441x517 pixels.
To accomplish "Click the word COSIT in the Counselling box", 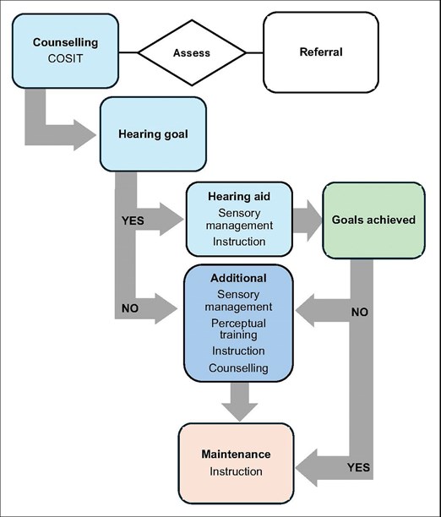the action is [x=65, y=58].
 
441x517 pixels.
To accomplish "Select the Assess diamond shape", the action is [x=192, y=52].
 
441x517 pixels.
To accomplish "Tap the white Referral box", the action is [x=320, y=52].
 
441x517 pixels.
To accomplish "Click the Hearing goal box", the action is [x=154, y=133].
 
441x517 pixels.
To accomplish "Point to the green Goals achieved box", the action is [x=373, y=220].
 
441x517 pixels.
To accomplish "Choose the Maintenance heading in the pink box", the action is [x=236, y=454].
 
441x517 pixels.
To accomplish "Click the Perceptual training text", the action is [x=238, y=329].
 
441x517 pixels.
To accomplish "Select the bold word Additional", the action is [x=238, y=278].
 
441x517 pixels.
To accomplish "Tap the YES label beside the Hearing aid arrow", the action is [x=133, y=220].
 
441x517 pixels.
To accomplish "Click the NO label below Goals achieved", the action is [x=360, y=312].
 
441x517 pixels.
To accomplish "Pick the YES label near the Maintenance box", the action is [x=358, y=467].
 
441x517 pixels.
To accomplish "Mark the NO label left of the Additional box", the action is [x=130, y=308].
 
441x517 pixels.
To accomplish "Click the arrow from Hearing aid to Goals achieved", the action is [x=307, y=220].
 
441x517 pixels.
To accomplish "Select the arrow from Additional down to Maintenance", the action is [x=239, y=401].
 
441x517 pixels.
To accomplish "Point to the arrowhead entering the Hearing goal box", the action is [x=85, y=135].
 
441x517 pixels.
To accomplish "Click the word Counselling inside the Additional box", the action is [x=238, y=368].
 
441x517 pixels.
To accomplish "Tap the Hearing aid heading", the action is [x=239, y=197].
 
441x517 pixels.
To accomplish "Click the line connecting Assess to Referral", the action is [x=254, y=52].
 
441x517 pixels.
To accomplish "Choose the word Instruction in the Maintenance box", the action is [x=237, y=471].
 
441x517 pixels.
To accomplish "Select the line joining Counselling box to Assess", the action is [x=128, y=52].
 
